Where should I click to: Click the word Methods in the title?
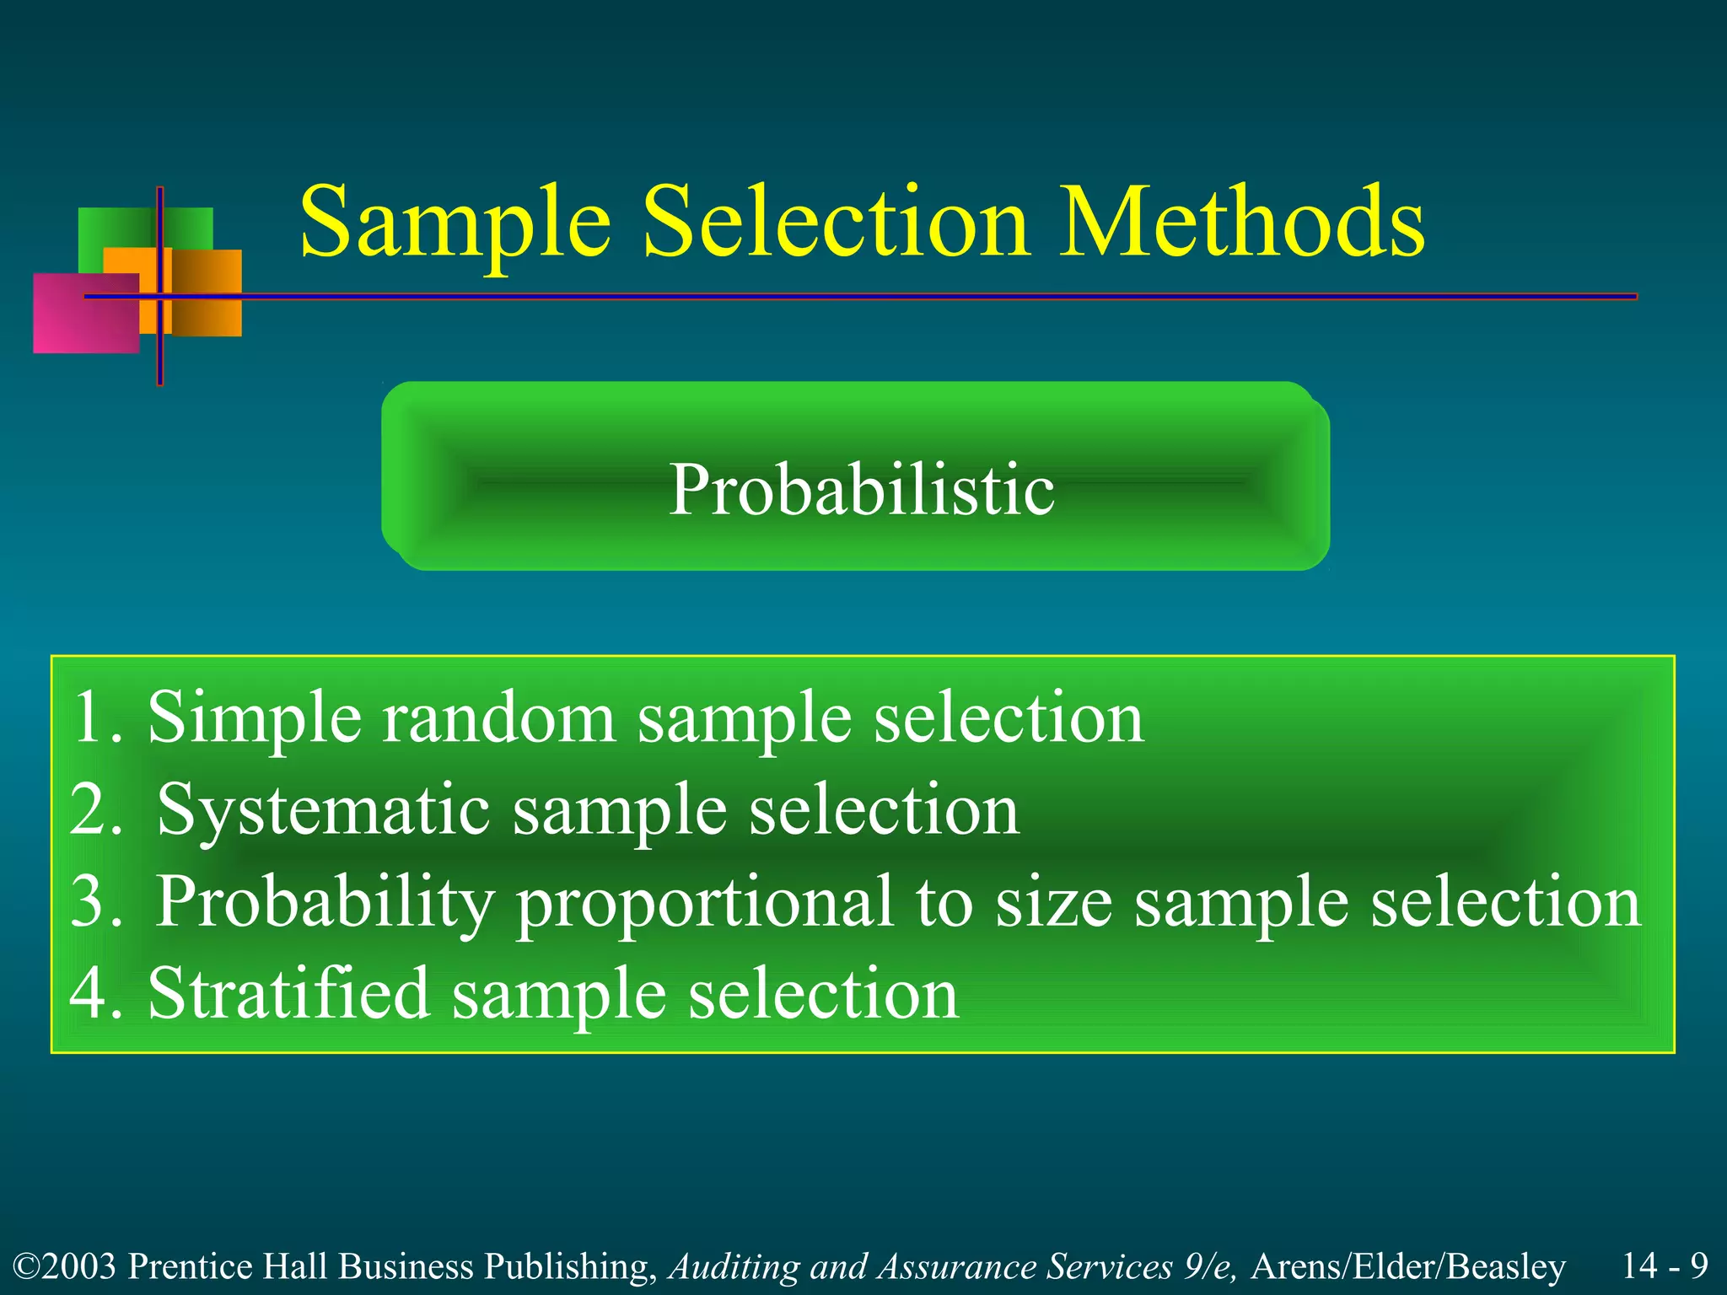(1241, 223)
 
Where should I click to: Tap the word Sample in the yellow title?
(455, 223)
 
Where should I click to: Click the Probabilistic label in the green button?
(861, 490)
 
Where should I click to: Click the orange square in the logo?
(207, 291)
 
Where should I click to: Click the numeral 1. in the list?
(97, 717)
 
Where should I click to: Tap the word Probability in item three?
(325, 902)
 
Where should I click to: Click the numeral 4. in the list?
(97, 994)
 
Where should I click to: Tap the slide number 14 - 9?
(1665, 1265)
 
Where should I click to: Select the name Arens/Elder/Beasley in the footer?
(1408, 1266)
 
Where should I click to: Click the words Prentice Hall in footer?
(228, 1266)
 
